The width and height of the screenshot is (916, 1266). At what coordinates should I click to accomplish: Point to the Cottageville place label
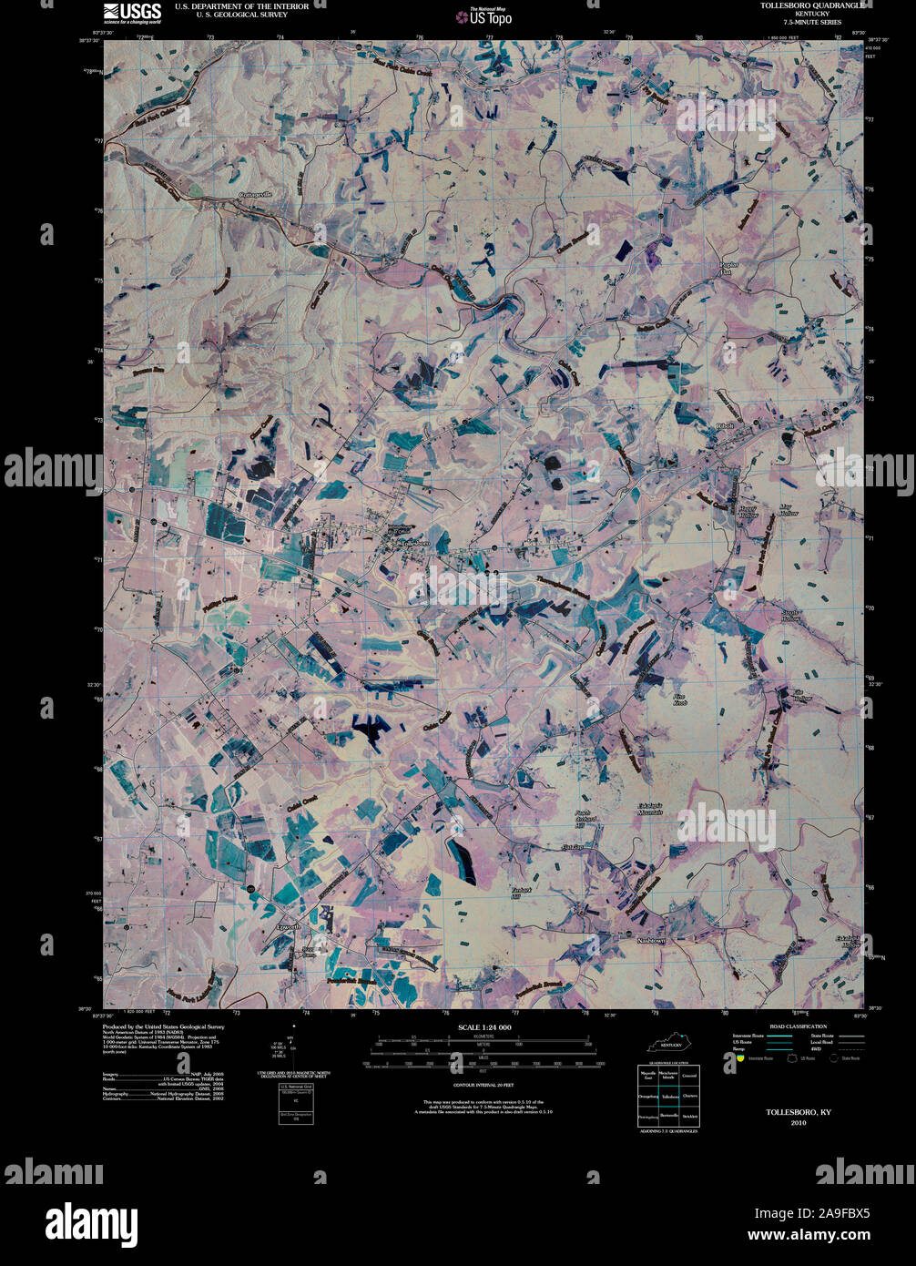point(255,195)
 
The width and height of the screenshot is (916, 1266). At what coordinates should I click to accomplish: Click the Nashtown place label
point(652,939)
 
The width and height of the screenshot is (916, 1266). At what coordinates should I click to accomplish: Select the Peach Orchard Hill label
point(585,820)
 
